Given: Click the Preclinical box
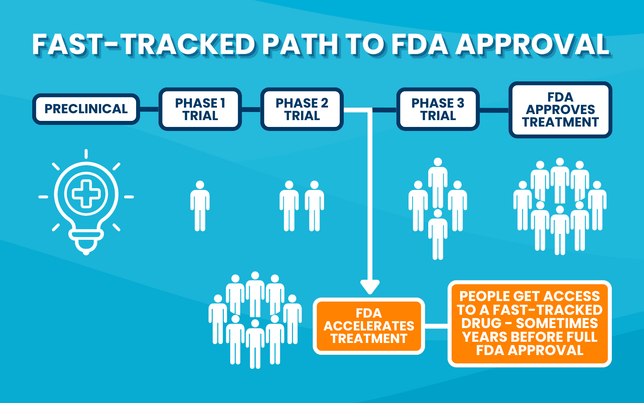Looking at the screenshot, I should click(86, 109).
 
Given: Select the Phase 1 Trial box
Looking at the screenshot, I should click(200, 109).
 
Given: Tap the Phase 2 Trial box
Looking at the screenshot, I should click(302, 109).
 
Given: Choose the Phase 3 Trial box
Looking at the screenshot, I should click(438, 109).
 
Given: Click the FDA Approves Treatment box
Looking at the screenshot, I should click(560, 110).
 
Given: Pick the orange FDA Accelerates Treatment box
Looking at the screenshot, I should click(369, 326).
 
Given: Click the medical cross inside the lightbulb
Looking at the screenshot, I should click(86, 194).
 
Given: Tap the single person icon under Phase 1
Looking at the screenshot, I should click(200, 206).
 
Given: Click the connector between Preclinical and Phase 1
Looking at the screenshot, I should click(149, 109).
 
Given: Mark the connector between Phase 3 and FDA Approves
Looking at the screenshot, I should click(494, 110).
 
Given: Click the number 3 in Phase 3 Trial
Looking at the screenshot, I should click(460, 103).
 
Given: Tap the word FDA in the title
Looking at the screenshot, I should click(420, 44).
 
